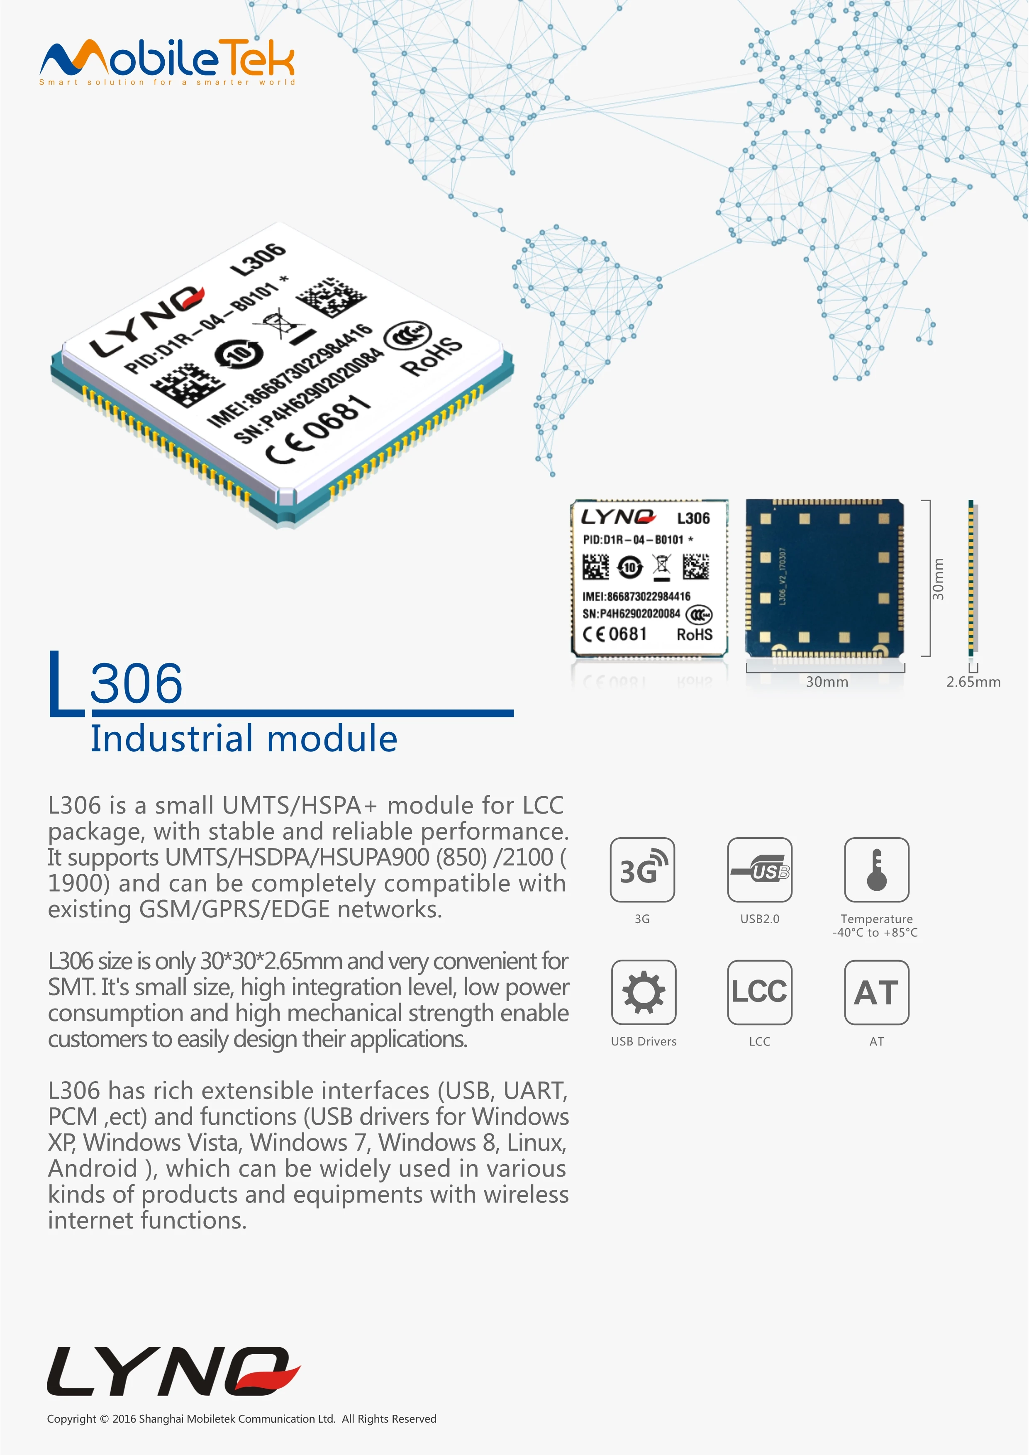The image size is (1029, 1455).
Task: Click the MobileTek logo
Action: click(167, 58)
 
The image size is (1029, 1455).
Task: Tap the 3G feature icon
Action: click(642, 870)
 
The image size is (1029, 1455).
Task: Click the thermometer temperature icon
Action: click(876, 870)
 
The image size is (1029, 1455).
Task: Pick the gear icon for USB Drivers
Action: click(643, 992)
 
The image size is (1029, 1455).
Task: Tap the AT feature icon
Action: click(876, 992)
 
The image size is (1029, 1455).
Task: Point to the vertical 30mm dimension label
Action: click(938, 579)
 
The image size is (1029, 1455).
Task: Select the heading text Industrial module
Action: click(244, 739)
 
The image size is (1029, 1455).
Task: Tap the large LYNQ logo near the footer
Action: click(172, 1371)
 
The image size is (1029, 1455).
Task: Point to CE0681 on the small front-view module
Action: click(614, 634)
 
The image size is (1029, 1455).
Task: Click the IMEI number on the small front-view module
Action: click(636, 596)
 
